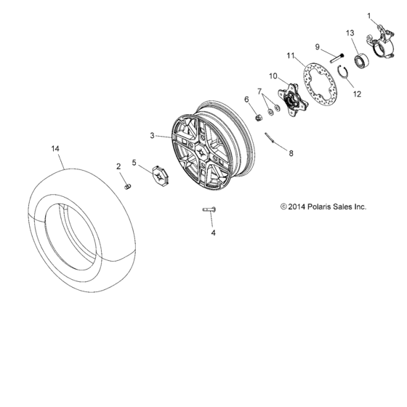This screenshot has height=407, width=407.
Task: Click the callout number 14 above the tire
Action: click(x=55, y=148)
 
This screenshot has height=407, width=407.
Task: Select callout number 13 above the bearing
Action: click(x=350, y=33)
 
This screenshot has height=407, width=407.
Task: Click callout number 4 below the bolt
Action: click(x=213, y=233)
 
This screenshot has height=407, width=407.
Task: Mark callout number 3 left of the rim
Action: click(x=153, y=135)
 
